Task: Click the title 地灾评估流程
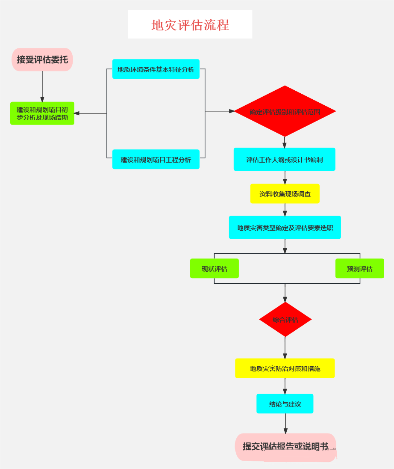coord(190,25)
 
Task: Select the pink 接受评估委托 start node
coord(42,59)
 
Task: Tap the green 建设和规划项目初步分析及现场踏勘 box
coord(42,113)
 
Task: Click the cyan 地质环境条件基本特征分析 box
coord(156,69)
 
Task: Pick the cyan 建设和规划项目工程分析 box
coord(156,160)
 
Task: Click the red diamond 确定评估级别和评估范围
coord(285,112)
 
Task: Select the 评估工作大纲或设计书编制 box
coord(285,160)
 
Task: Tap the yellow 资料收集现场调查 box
coord(285,194)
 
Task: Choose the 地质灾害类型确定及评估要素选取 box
coord(285,228)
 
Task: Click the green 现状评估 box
coord(215,269)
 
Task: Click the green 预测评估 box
coord(360,269)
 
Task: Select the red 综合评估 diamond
coord(285,320)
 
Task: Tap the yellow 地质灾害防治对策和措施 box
coord(285,368)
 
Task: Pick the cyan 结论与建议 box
coord(285,404)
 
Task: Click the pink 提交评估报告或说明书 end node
coord(285,447)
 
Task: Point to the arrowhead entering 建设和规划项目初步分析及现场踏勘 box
coord(77,113)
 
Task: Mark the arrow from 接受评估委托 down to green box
coord(42,86)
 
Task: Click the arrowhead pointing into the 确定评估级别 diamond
coord(231,111)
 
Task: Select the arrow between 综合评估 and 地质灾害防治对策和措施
coord(285,347)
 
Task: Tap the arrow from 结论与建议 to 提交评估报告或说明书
coord(285,424)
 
